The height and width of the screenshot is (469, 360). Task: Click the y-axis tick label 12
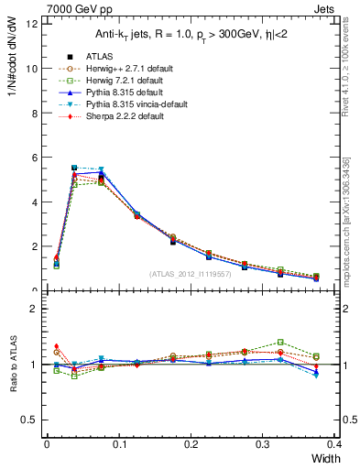point(30,25)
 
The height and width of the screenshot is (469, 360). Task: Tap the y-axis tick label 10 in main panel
point(30,69)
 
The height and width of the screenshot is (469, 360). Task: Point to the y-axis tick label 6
point(33,158)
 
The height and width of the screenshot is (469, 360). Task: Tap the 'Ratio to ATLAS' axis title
point(12,366)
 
